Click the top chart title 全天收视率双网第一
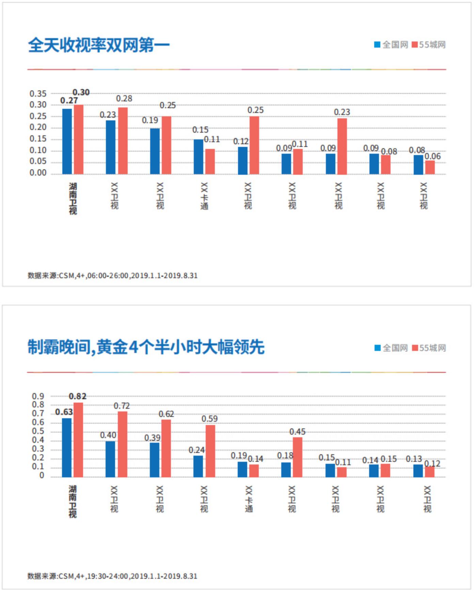tap(98, 45)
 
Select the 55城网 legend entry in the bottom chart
tap(429, 348)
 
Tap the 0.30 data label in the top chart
tap(81, 92)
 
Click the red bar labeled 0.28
tap(123, 141)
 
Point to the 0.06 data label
tap(432, 156)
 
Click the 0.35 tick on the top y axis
tap(38, 94)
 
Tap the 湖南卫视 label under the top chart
tap(73, 199)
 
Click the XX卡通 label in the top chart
tap(204, 196)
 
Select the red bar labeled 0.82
tap(78, 440)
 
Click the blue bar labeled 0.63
tap(67, 447)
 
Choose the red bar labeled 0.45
tap(297, 457)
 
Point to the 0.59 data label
tap(209, 419)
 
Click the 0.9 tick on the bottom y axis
tap(38, 396)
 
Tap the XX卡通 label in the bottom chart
tap(249, 499)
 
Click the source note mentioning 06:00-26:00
tap(112, 275)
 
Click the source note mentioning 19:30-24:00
tap(112, 576)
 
